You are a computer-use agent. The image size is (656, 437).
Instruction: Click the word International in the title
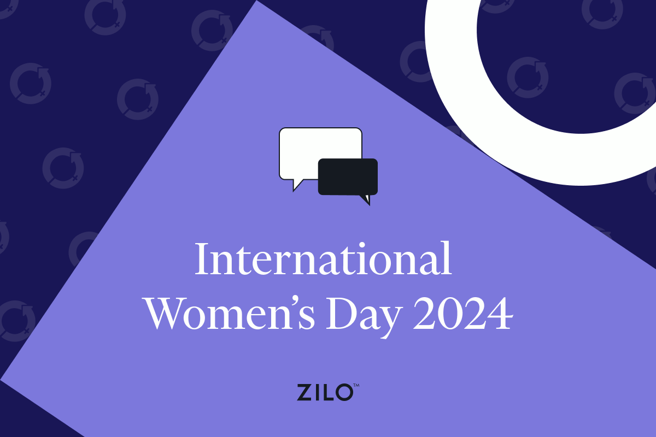point(323,260)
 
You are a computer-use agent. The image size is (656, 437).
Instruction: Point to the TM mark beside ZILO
point(356,386)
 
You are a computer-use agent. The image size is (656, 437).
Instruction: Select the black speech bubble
point(348,176)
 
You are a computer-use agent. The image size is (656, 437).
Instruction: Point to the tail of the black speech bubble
point(365,199)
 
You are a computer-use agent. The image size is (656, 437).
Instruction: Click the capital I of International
point(202,260)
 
